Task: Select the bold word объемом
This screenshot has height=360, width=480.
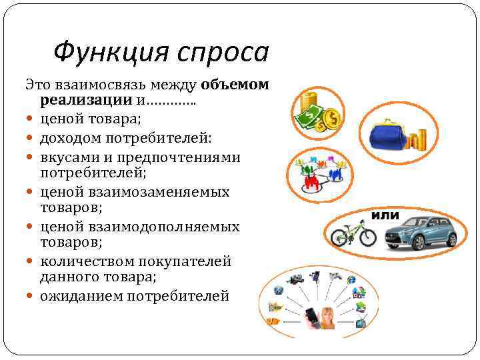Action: [235, 85]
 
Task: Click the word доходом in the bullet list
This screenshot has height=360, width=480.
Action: [67, 137]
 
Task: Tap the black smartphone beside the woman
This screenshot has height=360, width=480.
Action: [311, 316]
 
